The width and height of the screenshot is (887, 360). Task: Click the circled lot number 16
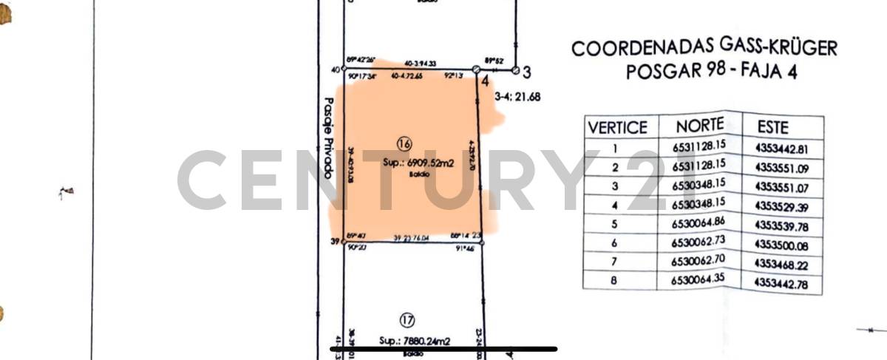tap(404, 143)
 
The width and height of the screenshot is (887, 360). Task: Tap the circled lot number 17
tap(407, 320)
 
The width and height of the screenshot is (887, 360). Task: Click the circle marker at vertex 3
tap(516, 71)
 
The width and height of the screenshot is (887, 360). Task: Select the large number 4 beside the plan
tap(485, 83)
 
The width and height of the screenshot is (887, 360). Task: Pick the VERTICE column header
tap(617, 127)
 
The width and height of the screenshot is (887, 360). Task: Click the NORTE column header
tap(699, 126)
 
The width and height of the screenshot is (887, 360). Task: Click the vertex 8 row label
tap(614, 279)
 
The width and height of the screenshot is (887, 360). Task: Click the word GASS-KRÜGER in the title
tap(779, 49)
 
